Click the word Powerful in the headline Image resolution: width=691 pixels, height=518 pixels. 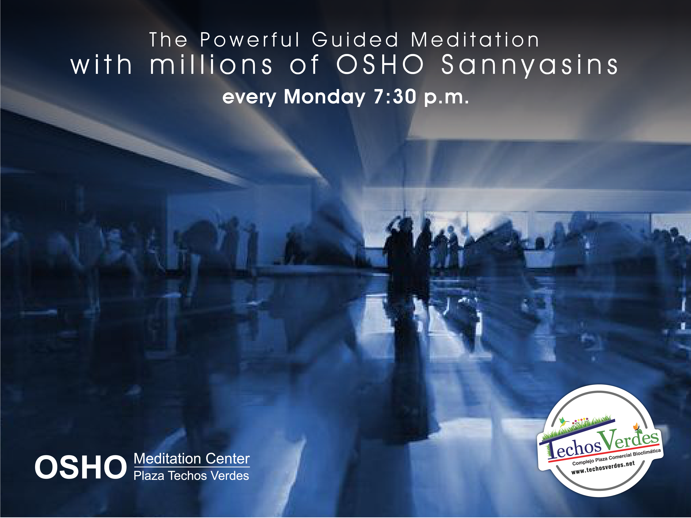pos(250,40)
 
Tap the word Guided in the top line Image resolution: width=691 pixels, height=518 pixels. pos(355,40)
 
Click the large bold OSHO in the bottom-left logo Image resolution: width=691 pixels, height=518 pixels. pos(80,467)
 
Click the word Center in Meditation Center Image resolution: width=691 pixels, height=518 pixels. pos(227,459)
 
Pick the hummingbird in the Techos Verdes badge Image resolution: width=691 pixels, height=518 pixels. pos(563,422)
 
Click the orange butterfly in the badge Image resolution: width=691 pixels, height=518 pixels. pos(636,426)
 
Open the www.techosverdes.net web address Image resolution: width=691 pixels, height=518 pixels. pos(603,468)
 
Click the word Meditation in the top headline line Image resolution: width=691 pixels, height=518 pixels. pos(475,40)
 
